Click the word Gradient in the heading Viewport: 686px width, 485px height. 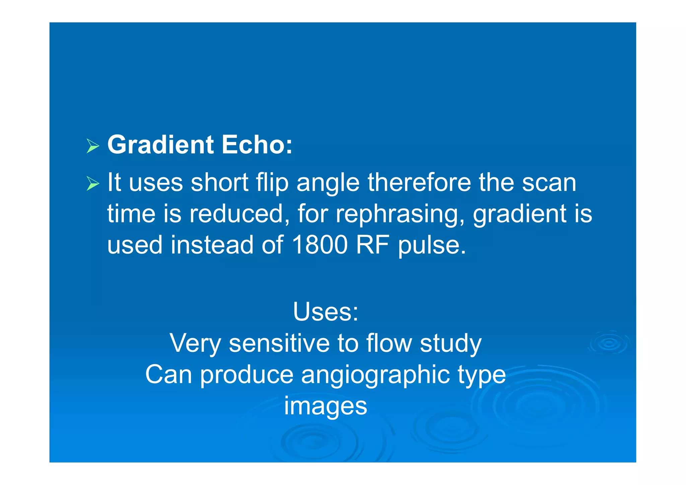click(160, 145)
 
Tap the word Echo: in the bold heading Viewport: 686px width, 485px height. click(257, 145)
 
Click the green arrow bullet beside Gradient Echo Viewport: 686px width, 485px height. click(93, 146)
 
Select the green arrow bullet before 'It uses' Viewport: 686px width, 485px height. click(93, 184)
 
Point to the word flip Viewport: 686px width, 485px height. click(272, 183)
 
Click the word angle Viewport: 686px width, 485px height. click(328, 184)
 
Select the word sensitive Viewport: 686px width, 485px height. click(279, 343)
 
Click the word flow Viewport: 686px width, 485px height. click(389, 343)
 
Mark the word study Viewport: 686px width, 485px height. click(451, 344)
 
